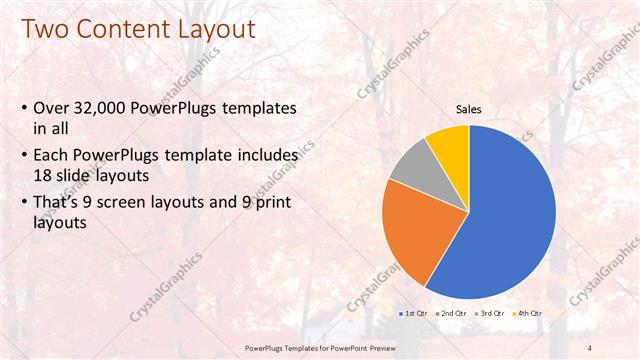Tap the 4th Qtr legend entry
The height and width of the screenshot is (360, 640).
(528, 314)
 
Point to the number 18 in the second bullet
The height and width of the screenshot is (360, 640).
(46, 174)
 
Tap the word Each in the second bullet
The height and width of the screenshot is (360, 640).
(52, 156)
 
